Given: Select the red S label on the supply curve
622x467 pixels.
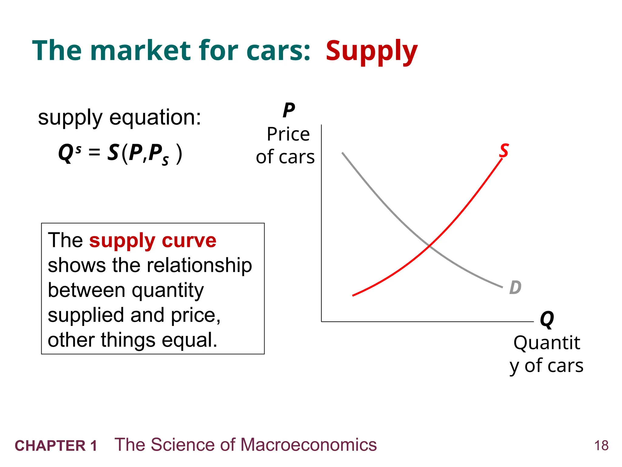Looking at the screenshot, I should (x=504, y=151).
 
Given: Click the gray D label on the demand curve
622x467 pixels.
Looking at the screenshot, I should (x=515, y=287).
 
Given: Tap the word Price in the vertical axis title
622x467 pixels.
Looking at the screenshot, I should (x=288, y=134).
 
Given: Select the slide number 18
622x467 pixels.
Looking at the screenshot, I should (x=601, y=446).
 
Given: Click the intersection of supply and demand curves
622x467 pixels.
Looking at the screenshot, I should (x=429, y=245).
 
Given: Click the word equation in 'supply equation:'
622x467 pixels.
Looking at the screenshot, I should (x=155, y=117).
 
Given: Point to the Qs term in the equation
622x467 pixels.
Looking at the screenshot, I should (x=69, y=153).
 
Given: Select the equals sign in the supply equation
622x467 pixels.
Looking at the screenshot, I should (x=94, y=152).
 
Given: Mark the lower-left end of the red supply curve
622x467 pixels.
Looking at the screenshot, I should (x=353, y=295).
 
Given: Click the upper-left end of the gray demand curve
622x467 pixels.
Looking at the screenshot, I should (x=343, y=153).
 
